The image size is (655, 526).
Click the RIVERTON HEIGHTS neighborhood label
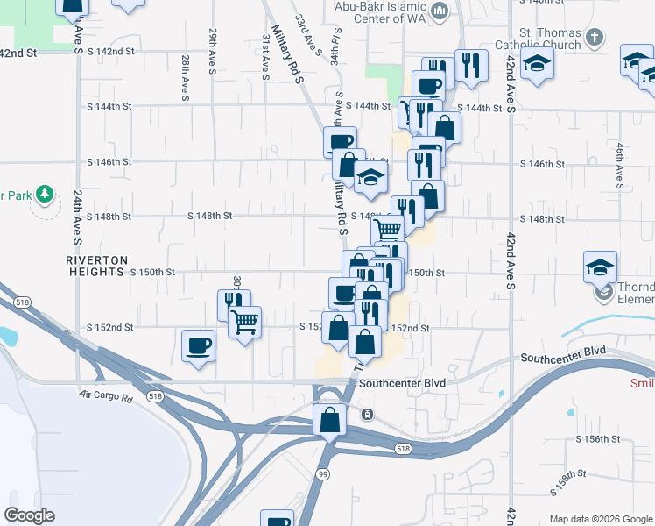coord(97,267)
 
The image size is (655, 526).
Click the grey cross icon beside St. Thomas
coord(595,37)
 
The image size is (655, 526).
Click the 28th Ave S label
coord(186,78)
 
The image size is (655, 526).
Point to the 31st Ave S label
coord(265,58)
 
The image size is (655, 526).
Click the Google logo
coord(30,515)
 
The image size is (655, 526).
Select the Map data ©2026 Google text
coord(600,519)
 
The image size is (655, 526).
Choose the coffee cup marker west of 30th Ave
coord(199,346)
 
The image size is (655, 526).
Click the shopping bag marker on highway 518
coord(328,420)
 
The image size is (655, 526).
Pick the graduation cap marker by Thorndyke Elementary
coord(600,267)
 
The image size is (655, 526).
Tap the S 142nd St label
coord(19,53)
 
